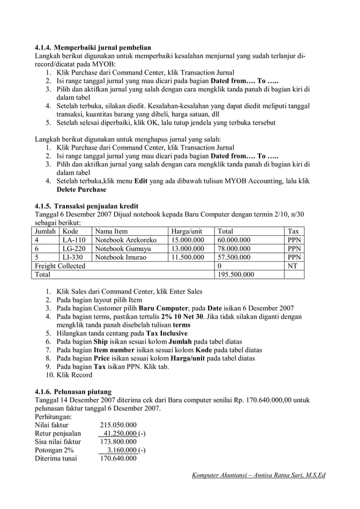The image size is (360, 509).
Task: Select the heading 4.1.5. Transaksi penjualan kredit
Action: (86, 205)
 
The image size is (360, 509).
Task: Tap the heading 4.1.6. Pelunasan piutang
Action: (73, 392)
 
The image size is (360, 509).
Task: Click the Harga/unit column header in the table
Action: (187, 231)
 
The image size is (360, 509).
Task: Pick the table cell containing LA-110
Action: (74, 240)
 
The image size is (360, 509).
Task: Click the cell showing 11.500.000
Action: (187, 257)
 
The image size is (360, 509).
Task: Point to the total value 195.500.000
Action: (236, 275)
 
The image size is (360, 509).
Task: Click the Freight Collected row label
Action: (60, 266)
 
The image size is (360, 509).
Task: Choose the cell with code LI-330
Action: (73, 257)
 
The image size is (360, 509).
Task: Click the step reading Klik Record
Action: (74, 375)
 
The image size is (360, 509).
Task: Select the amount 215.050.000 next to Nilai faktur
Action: (118, 425)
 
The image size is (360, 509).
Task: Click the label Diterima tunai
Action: (56, 459)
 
